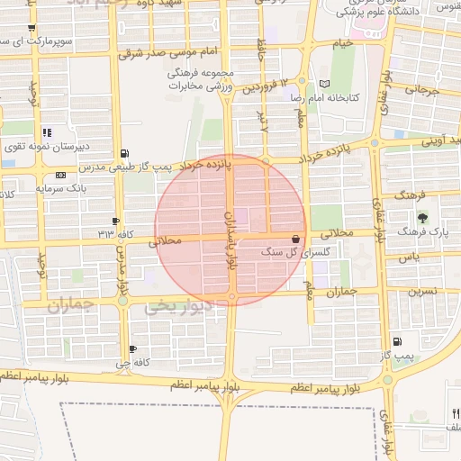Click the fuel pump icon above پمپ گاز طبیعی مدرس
pos(123,153)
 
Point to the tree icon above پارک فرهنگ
pos(421,219)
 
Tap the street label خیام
pos(343,44)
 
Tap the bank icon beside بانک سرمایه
pos(60,175)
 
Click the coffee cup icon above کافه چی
pos(133,348)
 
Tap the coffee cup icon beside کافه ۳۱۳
pos(115,221)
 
